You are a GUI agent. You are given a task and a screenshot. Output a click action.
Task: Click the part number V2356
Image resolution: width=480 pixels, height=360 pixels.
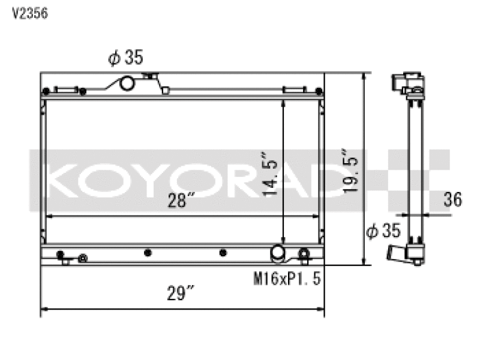29,13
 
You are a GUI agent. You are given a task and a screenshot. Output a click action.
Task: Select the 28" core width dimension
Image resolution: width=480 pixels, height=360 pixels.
181,200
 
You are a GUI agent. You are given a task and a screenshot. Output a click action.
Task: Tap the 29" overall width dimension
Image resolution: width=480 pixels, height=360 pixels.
181,293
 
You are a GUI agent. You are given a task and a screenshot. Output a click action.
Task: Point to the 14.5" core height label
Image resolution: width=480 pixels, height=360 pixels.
269,173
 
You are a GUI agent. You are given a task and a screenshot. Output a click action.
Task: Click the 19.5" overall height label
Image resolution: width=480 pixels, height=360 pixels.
350,170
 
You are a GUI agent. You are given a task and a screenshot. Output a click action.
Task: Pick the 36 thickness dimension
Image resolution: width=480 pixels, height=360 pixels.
453,200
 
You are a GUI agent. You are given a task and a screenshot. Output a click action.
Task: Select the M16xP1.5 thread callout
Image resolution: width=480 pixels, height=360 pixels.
287,278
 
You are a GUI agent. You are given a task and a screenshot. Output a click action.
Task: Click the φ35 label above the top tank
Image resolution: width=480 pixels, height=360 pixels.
125,57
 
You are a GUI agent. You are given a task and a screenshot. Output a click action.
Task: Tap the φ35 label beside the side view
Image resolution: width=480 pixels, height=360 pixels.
383,230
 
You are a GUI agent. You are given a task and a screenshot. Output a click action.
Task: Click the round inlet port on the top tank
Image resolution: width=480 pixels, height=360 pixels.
127,83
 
